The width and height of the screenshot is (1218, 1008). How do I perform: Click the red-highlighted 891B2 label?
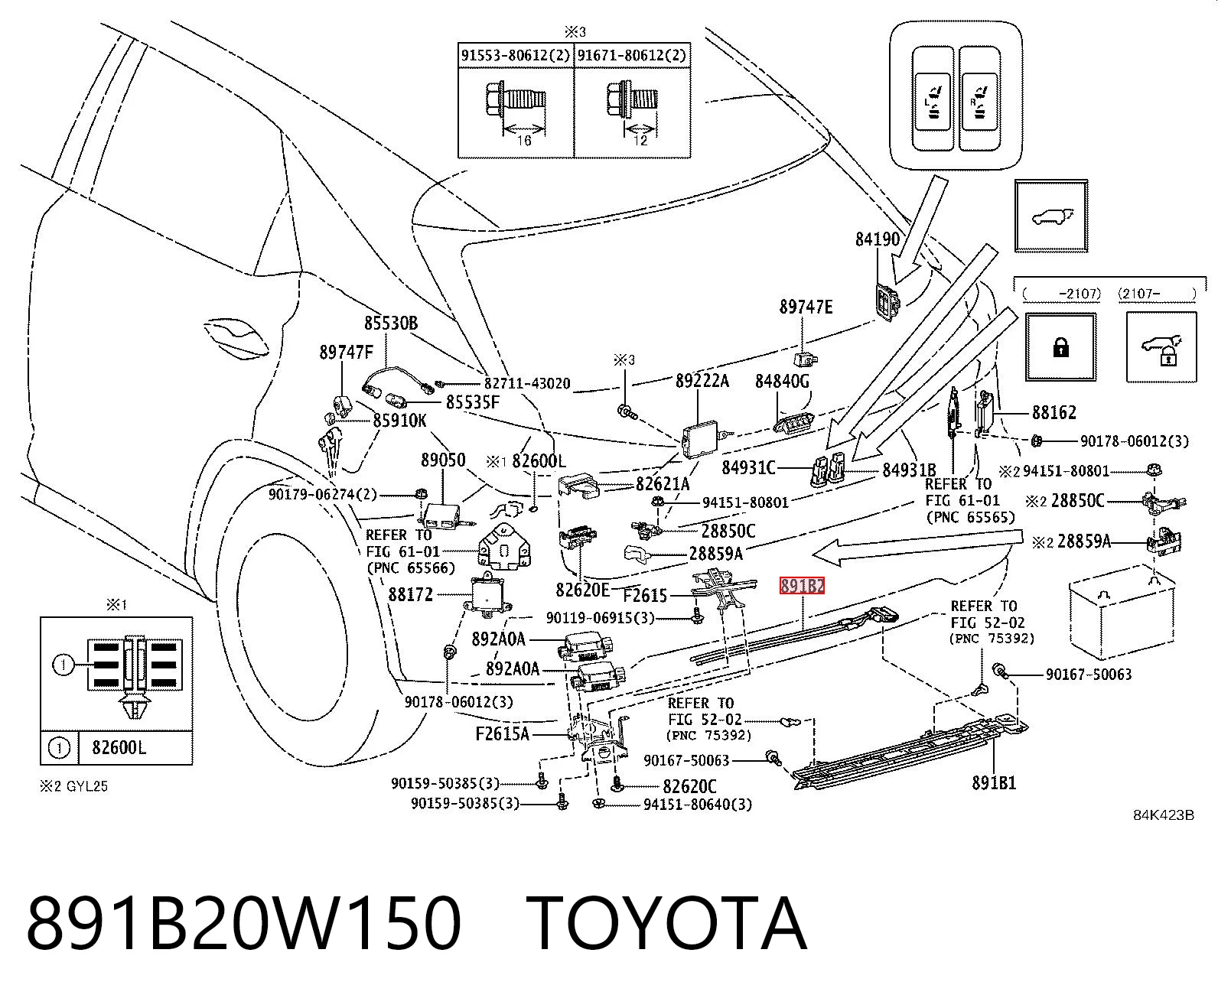[802, 586]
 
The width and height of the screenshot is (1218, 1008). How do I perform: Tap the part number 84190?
[878, 239]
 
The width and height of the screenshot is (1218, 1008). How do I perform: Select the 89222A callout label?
[702, 381]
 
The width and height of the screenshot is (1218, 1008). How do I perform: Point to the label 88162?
[1054, 412]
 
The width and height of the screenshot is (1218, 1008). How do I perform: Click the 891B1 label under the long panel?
[994, 782]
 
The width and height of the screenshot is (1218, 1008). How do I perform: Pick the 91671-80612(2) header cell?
[632, 55]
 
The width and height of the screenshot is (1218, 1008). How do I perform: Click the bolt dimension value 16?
[524, 141]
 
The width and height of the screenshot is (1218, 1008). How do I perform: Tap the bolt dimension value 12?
[640, 141]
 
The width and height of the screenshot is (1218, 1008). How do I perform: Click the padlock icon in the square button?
[1061, 348]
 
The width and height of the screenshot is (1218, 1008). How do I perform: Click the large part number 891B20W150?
[244, 924]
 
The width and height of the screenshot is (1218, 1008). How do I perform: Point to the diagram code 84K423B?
[1164, 815]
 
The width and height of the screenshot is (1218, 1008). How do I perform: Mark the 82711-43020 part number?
[527, 384]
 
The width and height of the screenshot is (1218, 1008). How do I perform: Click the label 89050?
[443, 460]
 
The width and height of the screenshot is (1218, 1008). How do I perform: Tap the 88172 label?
[411, 594]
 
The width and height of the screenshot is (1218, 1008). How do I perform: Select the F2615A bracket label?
[502, 734]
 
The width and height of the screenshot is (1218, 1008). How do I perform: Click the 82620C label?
[689, 787]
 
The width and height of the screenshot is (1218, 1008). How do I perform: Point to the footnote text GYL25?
[87, 786]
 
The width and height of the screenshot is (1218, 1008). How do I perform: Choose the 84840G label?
[782, 382]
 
